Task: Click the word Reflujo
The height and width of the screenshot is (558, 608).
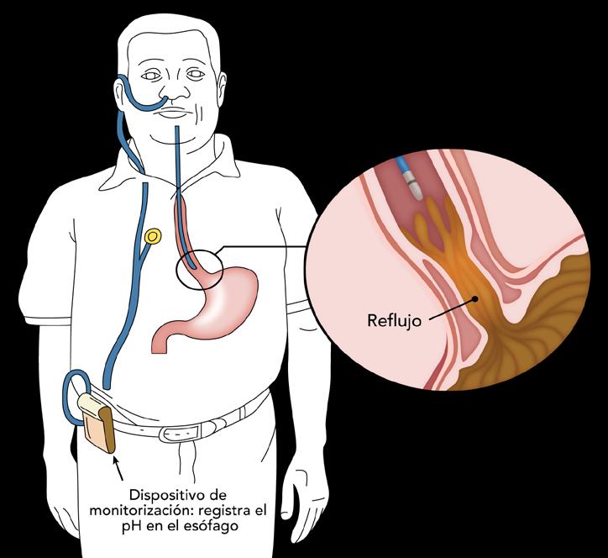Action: (395, 320)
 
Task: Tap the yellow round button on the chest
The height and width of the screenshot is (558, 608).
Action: (153, 237)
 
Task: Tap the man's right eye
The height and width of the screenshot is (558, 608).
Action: (151, 76)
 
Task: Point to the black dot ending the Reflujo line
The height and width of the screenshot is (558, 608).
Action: (476, 297)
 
